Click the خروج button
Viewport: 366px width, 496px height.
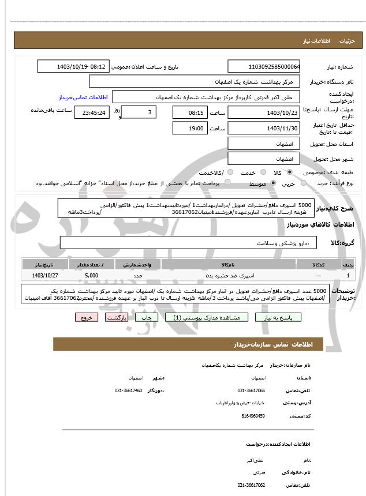[87, 317]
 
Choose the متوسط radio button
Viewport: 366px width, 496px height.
[273, 183]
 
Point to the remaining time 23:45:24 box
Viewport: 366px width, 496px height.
[91, 112]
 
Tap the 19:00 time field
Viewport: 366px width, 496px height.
[189, 128]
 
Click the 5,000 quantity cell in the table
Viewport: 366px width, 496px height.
[91, 276]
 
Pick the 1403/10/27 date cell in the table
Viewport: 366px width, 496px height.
[44, 276]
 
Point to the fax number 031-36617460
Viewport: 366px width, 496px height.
[128, 390]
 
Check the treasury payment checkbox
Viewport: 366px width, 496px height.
[227, 183]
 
